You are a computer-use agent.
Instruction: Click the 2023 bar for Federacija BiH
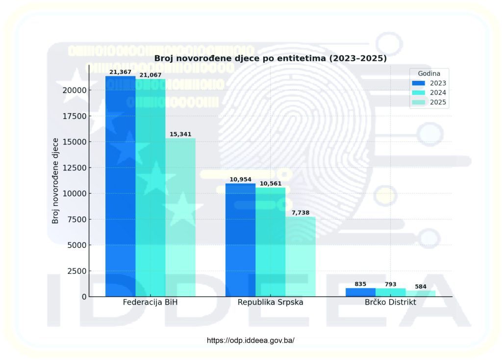click(x=120, y=186)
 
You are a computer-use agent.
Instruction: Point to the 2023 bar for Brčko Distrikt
click(x=360, y=292)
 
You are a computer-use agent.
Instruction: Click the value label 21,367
click(x=120, y=72)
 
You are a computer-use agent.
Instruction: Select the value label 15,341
click(x=180, y=134)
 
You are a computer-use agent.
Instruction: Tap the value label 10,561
click(x=270, y=184)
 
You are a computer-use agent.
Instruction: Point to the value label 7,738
click(x=301, y=213)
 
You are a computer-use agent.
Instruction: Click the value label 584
click(x=421, y=287)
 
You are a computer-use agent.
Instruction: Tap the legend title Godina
click(x=429, y=73)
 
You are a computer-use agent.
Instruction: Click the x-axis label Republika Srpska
click(x=270, y=302)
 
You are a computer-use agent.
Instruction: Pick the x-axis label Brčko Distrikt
click(x=390, y=302)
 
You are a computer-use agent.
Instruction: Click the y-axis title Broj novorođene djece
click(x=55, y=181)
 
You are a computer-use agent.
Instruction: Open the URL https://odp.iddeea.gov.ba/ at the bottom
click(x=251, y=340)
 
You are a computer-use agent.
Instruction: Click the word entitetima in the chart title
click(x=298, y=58)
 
